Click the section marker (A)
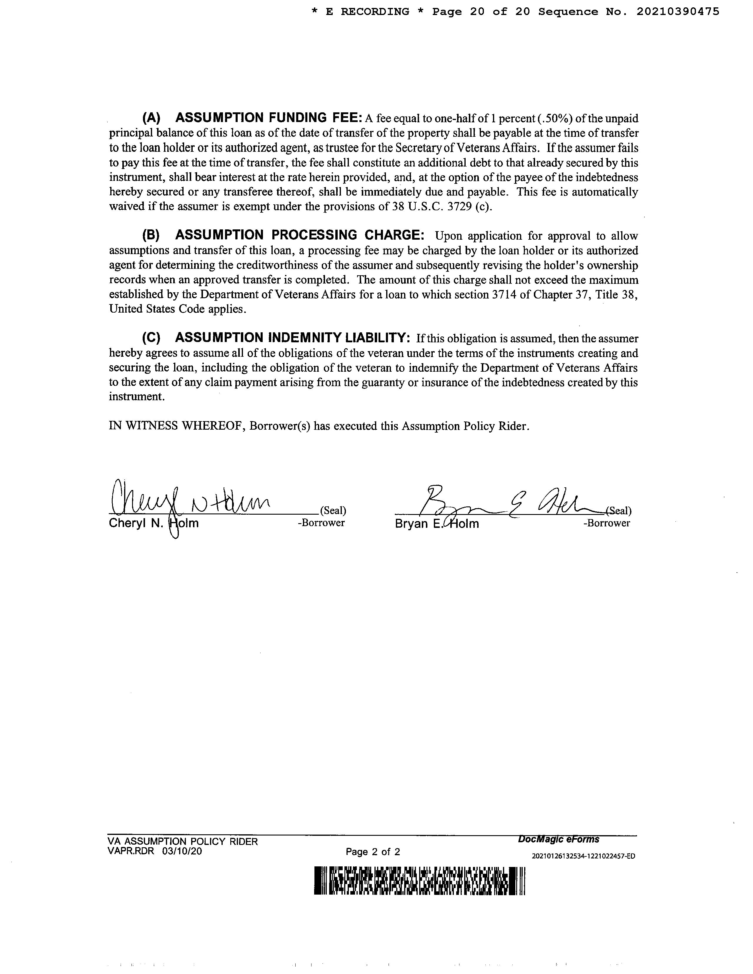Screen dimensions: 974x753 [151, 118]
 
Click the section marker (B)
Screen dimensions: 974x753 [151, 236]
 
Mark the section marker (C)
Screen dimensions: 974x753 [151, 338]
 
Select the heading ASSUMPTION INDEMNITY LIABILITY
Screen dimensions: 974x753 [293, 338]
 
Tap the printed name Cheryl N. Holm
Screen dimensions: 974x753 [154, 523]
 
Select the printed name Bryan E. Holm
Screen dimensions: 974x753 [437, 523]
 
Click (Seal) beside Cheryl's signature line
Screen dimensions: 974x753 [333, 511]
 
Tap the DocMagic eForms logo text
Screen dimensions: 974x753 [559, 839]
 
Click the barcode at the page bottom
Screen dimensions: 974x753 [420, 881]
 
